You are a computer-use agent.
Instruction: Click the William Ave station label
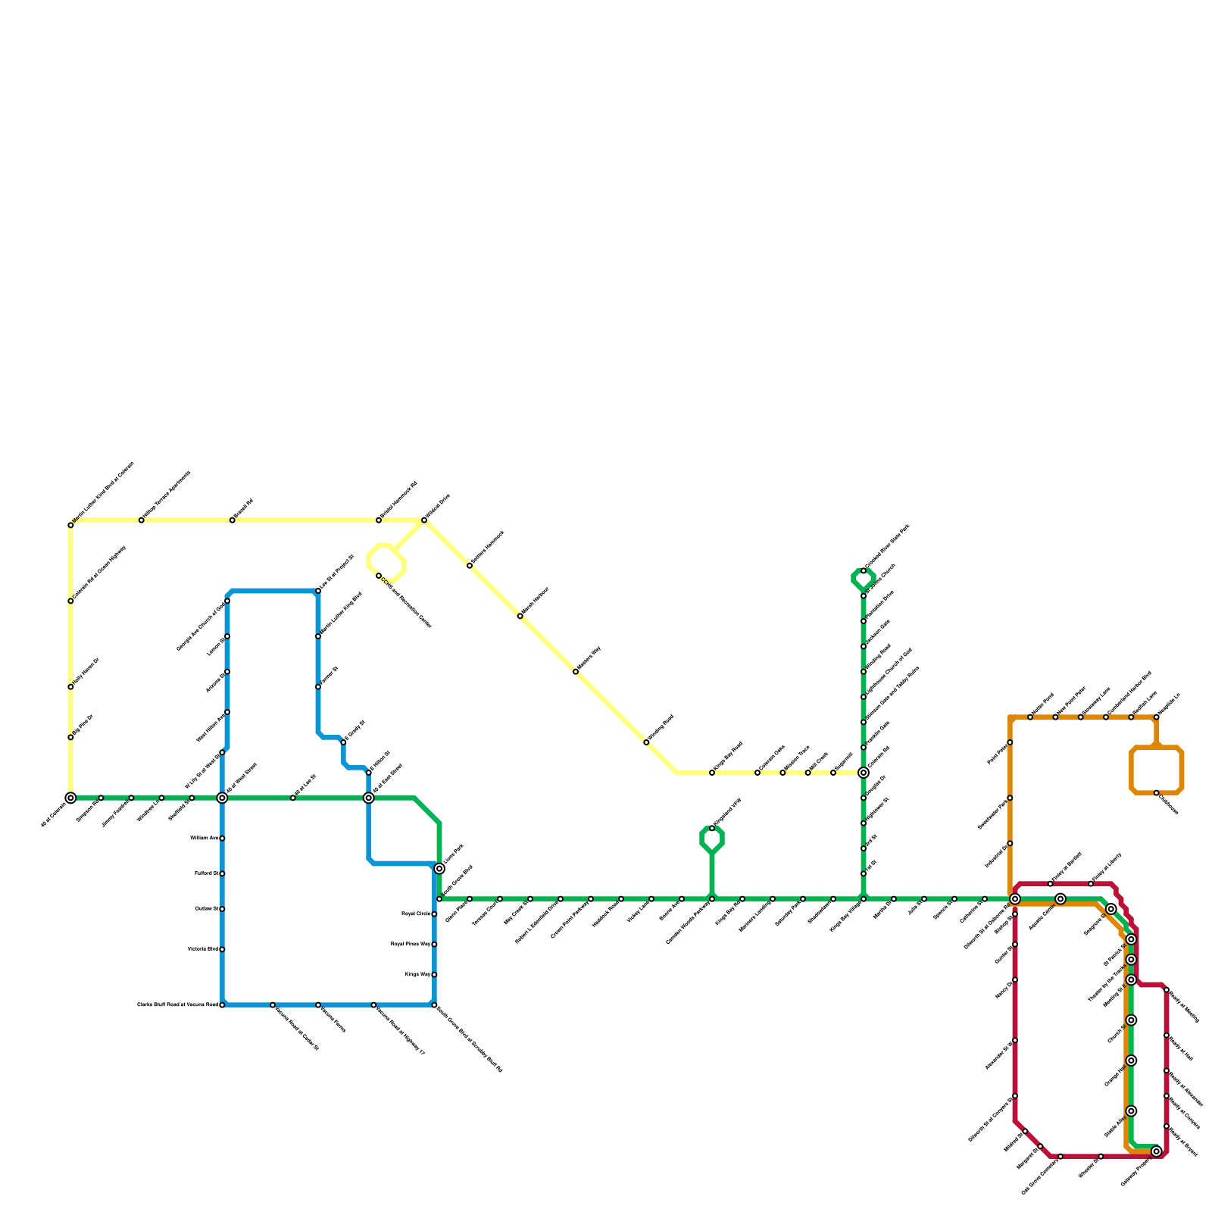click(204, 838)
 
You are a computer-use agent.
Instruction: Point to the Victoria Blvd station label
click(202, 949)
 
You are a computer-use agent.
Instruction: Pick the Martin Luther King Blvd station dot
click(318, 636)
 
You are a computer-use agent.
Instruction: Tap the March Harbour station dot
click(520, 617)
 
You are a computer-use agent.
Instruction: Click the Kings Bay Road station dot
click(712, 773)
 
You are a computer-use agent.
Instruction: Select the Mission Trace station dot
click(782, 773)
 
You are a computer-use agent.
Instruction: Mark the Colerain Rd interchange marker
click(864, 773)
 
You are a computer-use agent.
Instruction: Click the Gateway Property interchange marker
click(1156, 1151)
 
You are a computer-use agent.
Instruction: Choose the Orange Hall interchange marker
click(1131, 1060)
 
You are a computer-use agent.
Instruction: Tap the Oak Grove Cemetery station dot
click(1060, 1157)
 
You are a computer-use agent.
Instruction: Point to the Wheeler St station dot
click(1101, 1157)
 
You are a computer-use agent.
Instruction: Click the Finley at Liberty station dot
click(1091, 884)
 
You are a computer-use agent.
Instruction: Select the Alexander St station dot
click(1015, 1040)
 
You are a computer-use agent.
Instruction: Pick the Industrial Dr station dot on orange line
click(1010, 843)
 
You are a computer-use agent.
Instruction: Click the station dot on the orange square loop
click(1156, 793)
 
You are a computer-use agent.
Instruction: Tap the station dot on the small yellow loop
click(379, 576)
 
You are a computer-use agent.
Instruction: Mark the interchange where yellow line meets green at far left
click(70, 798)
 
